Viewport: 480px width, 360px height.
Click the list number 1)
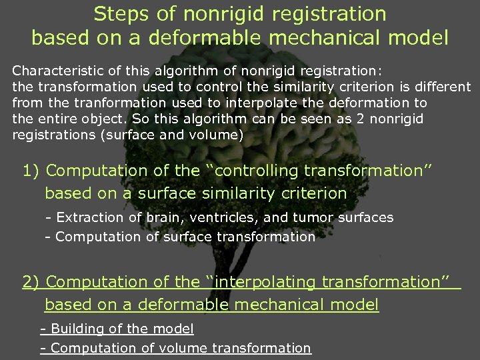pos(31,171)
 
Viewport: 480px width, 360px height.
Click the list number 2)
pos(31,283)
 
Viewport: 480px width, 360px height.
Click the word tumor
pos(312,218)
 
